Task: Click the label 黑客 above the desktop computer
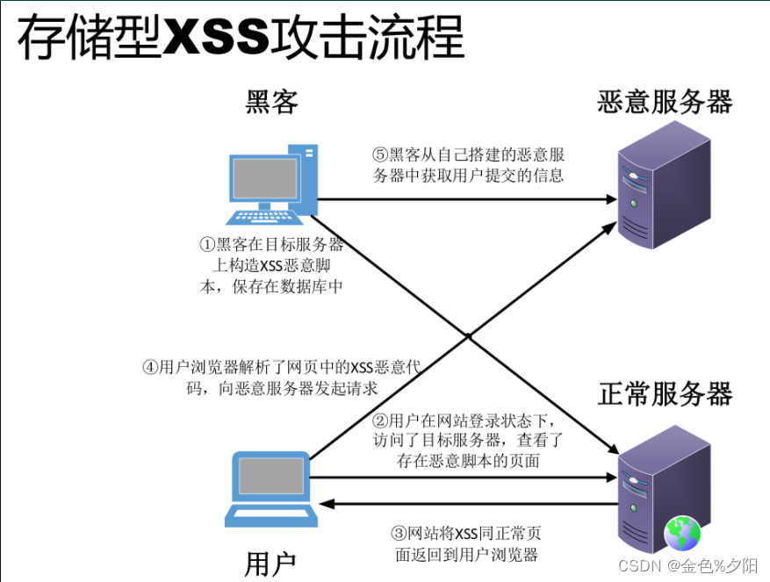[x=271, y=102]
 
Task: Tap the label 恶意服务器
[x=665, y=102]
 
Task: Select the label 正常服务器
[x=665, y=393]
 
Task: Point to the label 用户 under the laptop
[x=270, y=563]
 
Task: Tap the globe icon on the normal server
[x=682, y=533]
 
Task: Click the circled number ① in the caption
[x=207, y=245]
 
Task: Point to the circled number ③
[x=398, y=533]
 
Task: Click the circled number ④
[x=150, y=368]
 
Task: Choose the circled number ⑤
[x=379, y=154]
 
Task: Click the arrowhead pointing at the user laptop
[x=327, y=503]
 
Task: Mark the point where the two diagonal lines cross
[x=469, y=336]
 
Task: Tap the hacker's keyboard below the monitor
[x=259, y=215]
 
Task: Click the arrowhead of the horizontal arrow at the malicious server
[x=611, y=199]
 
